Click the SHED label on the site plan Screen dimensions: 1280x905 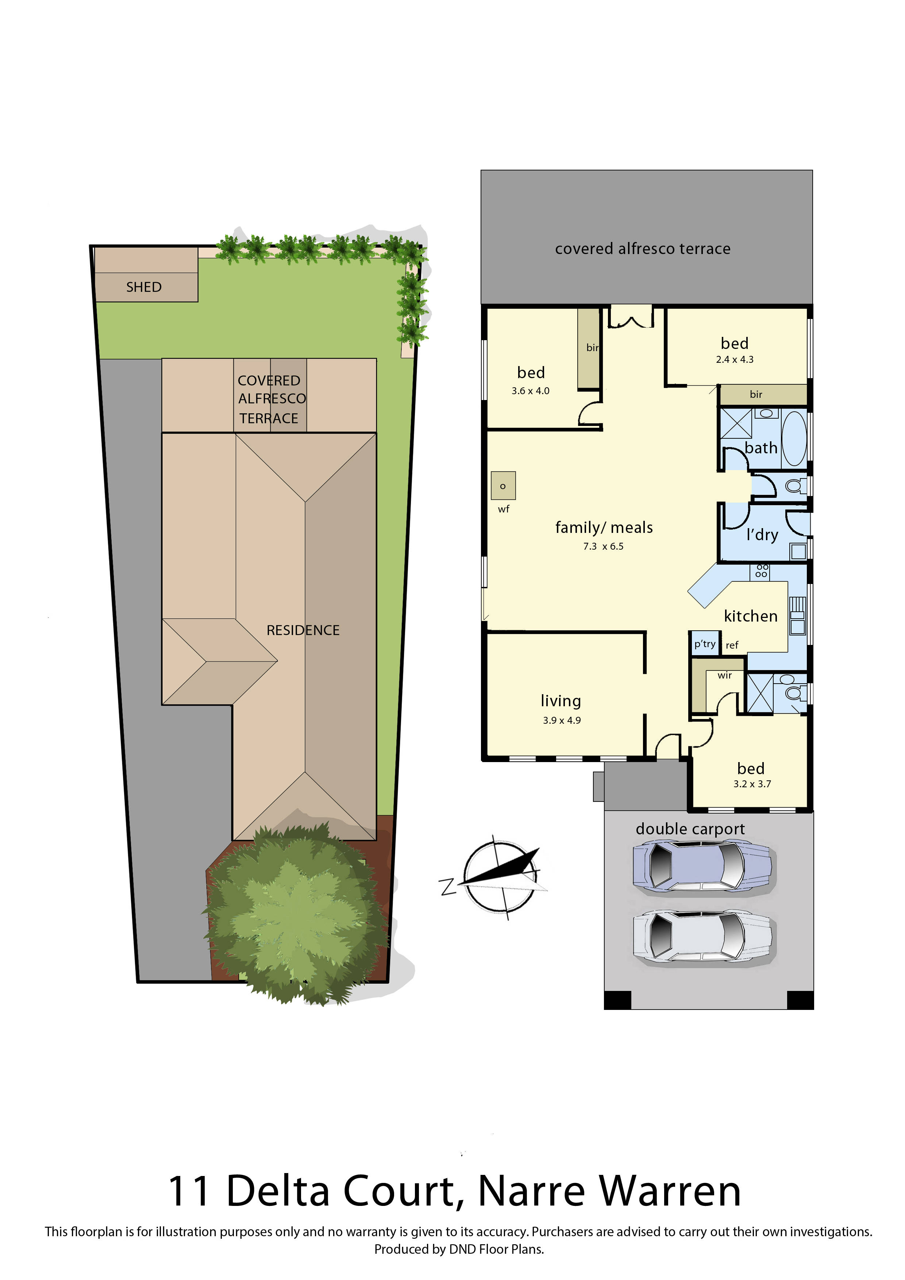point(144,287)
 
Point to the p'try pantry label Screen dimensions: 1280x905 point(704,644)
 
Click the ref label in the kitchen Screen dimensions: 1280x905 point(732,645)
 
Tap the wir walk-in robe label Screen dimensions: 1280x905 point(724,675)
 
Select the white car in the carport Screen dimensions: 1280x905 point(702,937)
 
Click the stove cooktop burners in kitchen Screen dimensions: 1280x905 point(761,571)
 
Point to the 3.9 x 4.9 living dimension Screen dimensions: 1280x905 point(562,720)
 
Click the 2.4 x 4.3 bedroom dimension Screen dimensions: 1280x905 point(735,360)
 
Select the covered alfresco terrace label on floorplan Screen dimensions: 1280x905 point(643,249)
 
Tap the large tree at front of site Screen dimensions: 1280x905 point(295,914)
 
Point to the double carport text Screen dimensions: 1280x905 point(690,829)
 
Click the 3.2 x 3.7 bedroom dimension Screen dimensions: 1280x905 point(752,784)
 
